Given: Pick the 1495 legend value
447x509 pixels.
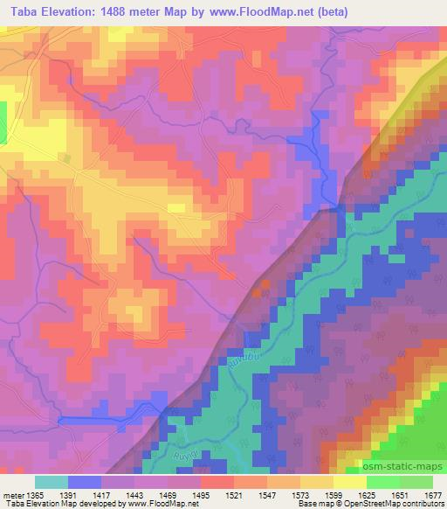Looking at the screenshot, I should point(201,494).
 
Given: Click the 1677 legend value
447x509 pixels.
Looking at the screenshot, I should point(431,494).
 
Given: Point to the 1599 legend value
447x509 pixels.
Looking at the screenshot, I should point(333,494).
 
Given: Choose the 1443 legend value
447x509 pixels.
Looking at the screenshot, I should point(134,494).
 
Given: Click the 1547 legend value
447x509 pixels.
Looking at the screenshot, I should point(267,494).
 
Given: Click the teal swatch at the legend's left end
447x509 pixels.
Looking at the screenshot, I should point(51,482).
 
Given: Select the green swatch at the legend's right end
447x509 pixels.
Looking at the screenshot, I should point(416,482).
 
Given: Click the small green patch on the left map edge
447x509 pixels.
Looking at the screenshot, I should point(3,118).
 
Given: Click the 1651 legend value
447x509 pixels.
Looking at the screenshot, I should point(399,494).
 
